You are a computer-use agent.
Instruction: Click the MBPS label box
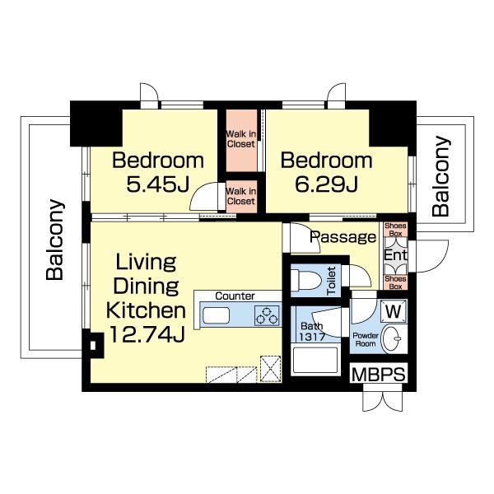[x=379, y=374]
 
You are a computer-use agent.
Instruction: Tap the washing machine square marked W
[x=394, y=311]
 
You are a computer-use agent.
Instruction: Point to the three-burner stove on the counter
[x=267, y=315]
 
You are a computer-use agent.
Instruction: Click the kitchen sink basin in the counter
[x=216, y=315]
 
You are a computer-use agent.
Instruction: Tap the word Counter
[x=235, y=296]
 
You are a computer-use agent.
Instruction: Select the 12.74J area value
[x=147, y=334]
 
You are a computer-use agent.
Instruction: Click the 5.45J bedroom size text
[x=158, y=184]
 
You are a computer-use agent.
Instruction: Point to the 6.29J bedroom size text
[x=326, y=184]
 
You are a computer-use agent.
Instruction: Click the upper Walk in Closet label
[x=241, y=139]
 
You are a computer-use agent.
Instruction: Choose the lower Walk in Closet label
[x=241, y=196]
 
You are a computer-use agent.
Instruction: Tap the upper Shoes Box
[x=395, y=230]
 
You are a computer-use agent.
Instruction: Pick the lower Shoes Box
[x=395, y=282]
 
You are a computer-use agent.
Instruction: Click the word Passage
[x=343, y=237]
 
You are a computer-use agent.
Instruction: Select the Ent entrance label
[x=395, y=255]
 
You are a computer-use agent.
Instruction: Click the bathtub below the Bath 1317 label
[x=315, y=360]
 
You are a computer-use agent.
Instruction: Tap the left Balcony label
[x=55, y=240]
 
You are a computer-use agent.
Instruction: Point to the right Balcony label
[x=440, y=176]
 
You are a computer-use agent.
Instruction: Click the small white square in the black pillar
[x=93, y=345]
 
